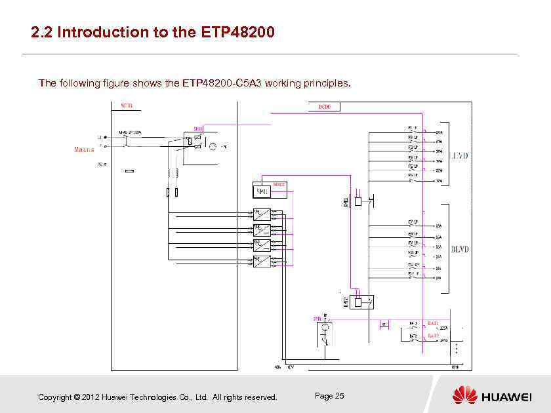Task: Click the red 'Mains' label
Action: [x=84, y=149]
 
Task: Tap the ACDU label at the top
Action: [x=127, y=106]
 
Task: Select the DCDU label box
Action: [x=324, y=106]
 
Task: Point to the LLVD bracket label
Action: [x=460, y=156]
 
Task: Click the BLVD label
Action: [x=460, y=250]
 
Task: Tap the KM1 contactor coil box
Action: [x=357, y=201]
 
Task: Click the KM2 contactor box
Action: [x=362, y=302]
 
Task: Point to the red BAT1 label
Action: [x=433, y=323]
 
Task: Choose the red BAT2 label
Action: [x=433, y=336]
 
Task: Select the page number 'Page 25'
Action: [x=329, y=396]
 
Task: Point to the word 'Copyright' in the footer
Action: [x=54, y=397]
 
